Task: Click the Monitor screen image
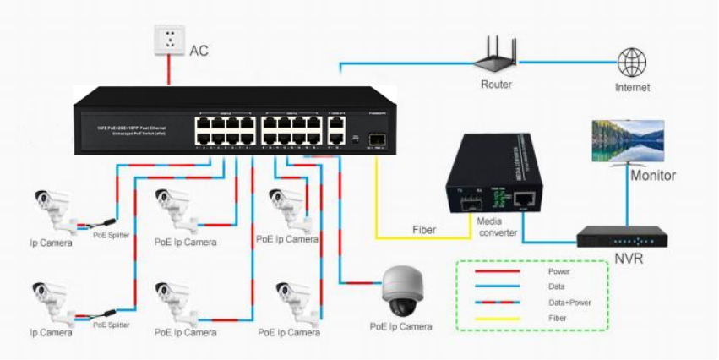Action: pos(628,141)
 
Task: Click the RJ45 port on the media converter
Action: pos(526,199)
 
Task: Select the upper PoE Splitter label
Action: pos(111,235)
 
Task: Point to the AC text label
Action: pos(199,52)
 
